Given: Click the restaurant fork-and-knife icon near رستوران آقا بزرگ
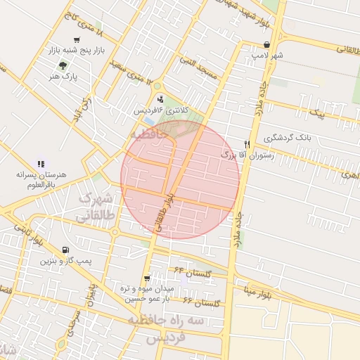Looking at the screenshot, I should click(247, 143).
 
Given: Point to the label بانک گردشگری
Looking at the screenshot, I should click(288, 139).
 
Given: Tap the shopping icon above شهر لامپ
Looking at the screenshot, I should click(266, 44).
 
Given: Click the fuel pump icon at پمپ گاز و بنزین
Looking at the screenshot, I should click(65, 250).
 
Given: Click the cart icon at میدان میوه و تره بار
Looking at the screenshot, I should click(146, 278).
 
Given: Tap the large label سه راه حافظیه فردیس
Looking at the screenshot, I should click(171, 328).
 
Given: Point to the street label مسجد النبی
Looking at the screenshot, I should click(199, 68).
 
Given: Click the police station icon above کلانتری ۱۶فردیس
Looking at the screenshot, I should click(161, 98).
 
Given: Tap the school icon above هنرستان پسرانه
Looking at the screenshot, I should click(40, 163).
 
